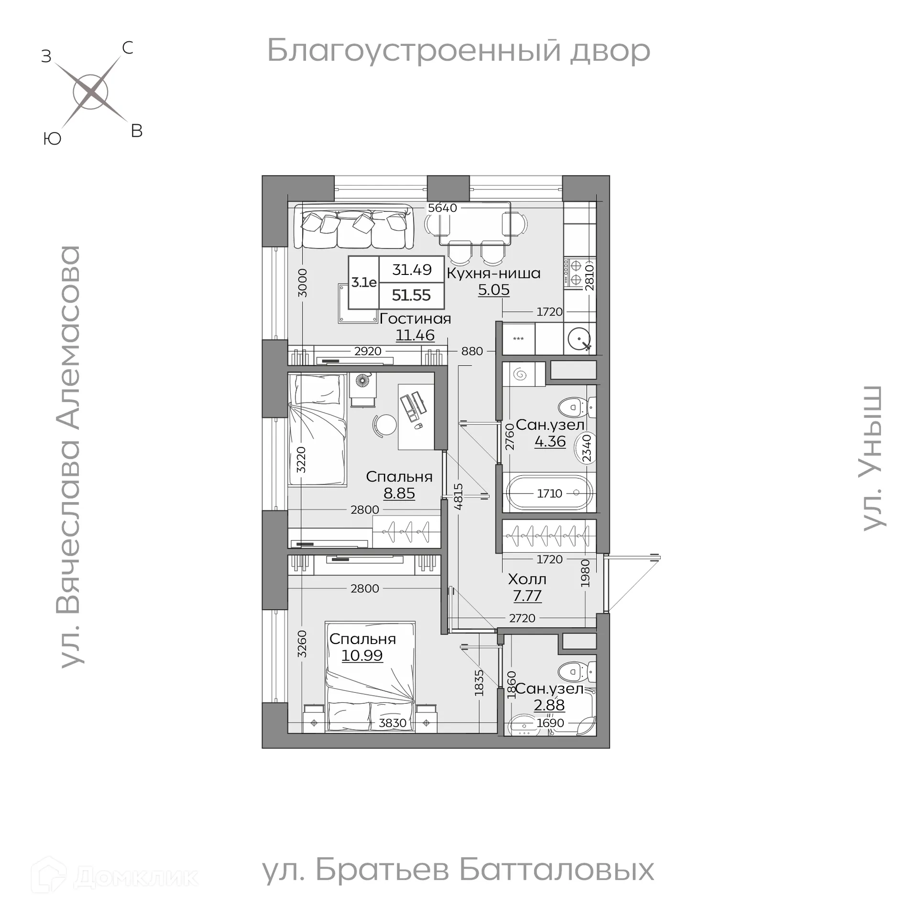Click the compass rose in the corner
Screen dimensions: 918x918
pos(90,92)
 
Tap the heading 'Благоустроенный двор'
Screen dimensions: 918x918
pos(458,51)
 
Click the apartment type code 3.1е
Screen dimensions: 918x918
pos(364,283)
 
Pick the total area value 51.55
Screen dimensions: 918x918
pos(411,295)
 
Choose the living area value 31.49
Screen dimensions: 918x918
pos(412,270)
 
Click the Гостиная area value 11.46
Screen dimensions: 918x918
pos(415,335)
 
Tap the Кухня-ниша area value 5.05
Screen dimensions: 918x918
pos(494,290)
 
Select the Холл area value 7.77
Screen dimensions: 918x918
pos(527,596)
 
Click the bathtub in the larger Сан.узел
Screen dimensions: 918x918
pos(549,493)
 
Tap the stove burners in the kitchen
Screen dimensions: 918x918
pos(575,273)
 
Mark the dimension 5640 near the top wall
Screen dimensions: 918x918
pos(442,208)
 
